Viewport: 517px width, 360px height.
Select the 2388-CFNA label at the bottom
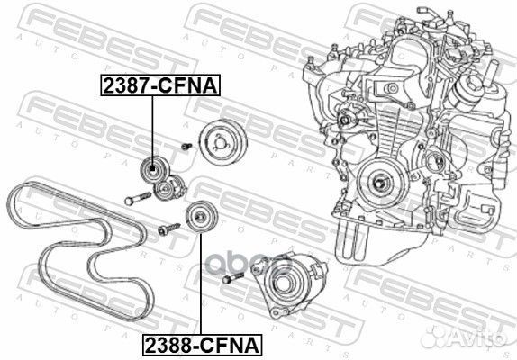point(200,344)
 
